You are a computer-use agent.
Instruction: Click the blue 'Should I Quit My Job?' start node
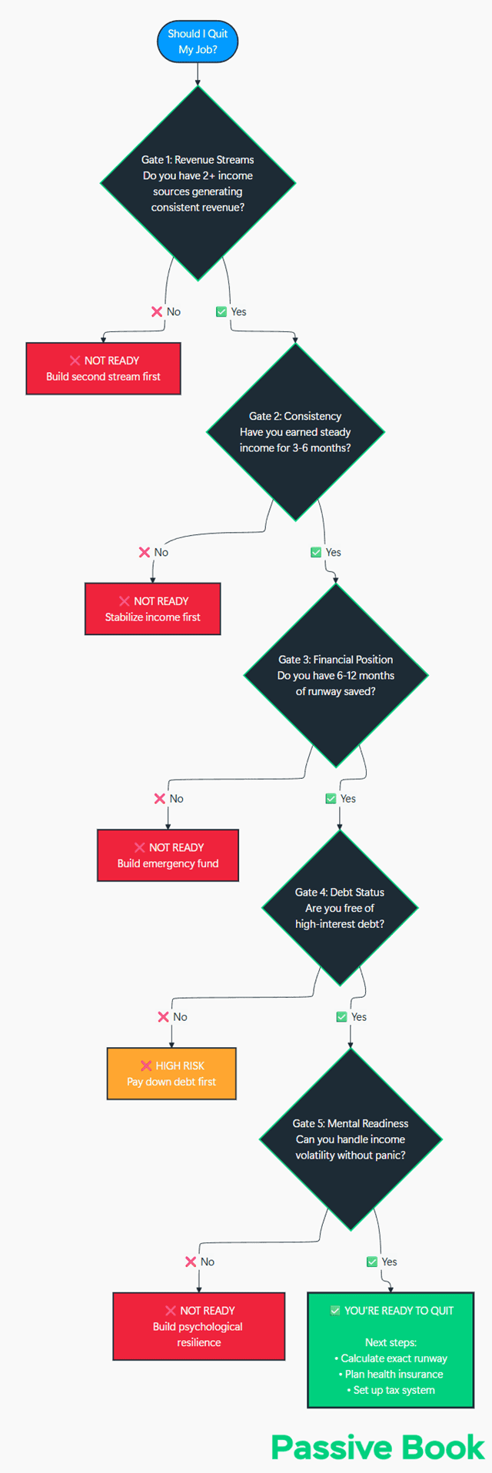click(x=198, y=42)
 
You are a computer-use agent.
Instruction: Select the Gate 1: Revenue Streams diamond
click(x=198, y=183)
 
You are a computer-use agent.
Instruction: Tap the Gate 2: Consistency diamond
click(x=295, y=432)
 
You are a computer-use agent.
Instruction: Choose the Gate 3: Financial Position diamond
click(x=336, y=675)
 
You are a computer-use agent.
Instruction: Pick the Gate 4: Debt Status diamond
click(x=340, y=908)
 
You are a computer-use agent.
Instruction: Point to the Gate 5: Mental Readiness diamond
click(x=351, y=1139)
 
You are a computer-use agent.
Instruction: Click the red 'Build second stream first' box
click(x=103, y=369)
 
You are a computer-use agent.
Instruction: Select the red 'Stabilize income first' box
click(x=152, y=609)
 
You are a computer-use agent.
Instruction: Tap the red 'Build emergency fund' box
click(x=168, y=855)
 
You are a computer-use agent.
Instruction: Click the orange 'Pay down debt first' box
click(x=171, y=1073)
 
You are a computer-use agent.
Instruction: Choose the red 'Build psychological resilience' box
click(x=198, y=1326)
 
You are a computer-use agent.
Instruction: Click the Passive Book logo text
click(x=378, y=1447)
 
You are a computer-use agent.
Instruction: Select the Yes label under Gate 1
click(x=238, y=311)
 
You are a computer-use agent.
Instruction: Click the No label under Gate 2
click(x=161, y=552)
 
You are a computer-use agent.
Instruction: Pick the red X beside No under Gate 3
click(x=160, y=798)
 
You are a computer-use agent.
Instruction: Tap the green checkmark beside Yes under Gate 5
click(x=372, y=1262)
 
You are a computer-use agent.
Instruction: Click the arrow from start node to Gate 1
click(x=198, y=75)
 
